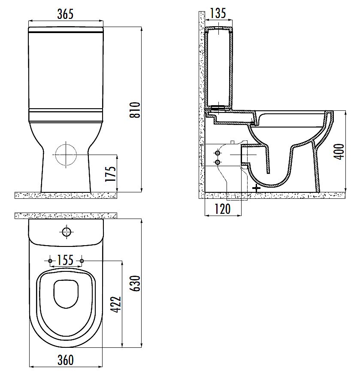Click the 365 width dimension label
coord(65,14)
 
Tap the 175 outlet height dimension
coord(111,173)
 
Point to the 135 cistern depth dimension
coord(218,13)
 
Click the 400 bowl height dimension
coord(339,152)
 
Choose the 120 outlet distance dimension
coord(223,209)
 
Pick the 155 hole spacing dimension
coord(66,260)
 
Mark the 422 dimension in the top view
coord(116,304)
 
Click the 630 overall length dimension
coord(136,283)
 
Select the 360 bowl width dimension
coord(66,360)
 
